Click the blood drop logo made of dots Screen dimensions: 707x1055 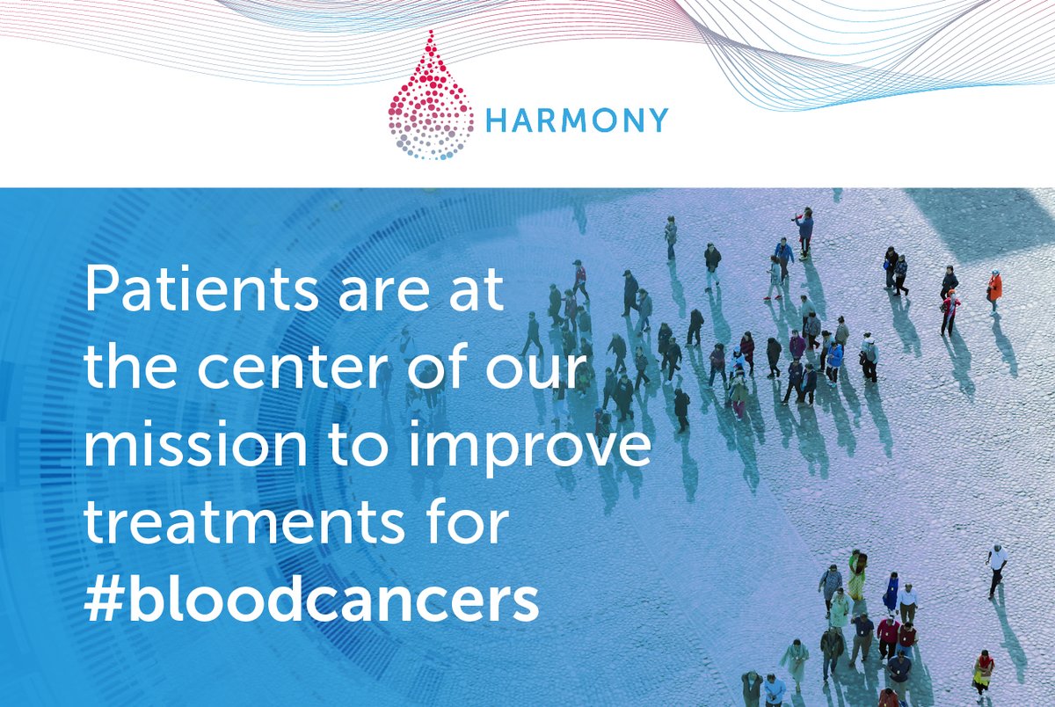tap(430, 98)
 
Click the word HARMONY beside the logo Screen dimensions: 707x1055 tap(576, 120)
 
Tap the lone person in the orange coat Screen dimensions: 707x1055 tap(994, 288)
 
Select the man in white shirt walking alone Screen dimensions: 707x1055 tap(996, 566)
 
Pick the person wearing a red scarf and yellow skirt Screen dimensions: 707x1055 tap(983, 672)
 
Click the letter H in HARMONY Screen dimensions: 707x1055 tap(496, 120)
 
